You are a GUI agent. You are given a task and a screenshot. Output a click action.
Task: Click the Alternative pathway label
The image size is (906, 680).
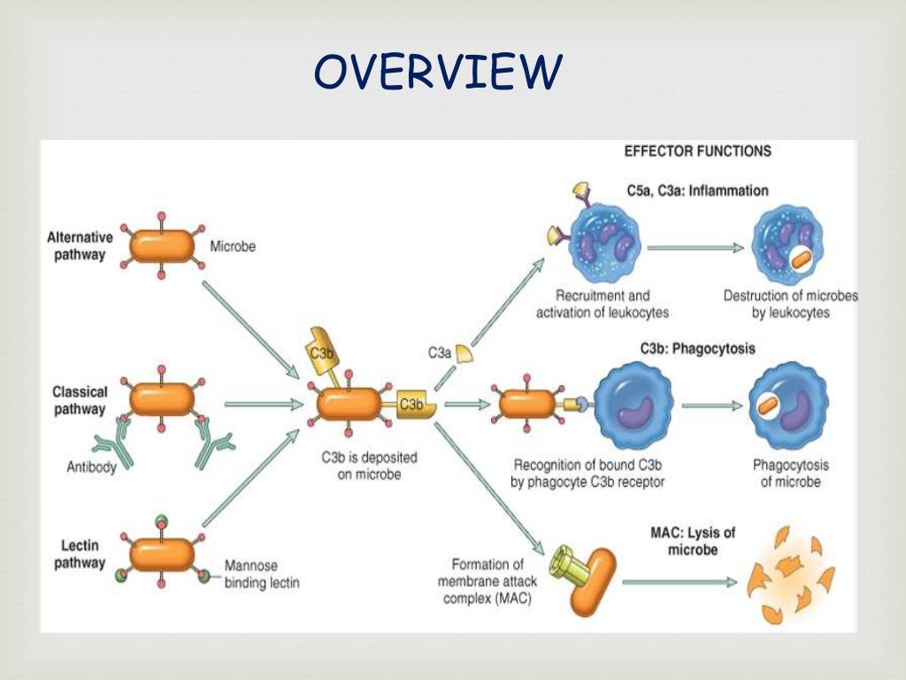(x=80, y=246)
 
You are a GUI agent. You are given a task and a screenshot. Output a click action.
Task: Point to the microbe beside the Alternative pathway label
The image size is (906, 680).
(x=161, y=246)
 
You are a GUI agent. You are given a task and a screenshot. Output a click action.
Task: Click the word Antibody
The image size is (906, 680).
(x=91, y=467)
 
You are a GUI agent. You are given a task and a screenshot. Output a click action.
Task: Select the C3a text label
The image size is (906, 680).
(x=440, y=352)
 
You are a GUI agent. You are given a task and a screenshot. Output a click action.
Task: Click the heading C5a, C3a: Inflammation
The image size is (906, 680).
(x=704, y=190)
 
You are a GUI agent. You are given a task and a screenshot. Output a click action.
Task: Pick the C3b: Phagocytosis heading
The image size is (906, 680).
(x=697, y=349)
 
